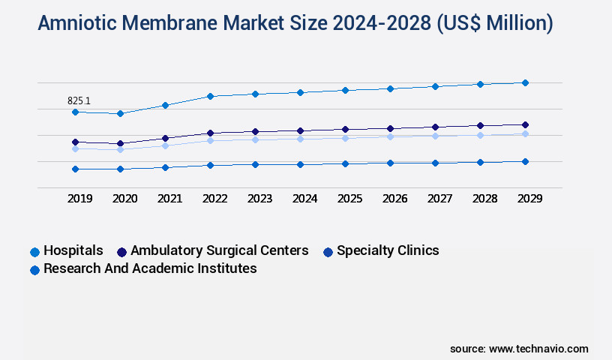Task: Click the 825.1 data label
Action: (x=79, y=100)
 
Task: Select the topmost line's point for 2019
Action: (x=75, y=112)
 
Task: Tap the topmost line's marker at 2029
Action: (x=525, y=82)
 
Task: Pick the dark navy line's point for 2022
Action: (x=210, y=133)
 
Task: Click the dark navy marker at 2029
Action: (x=525, y=124)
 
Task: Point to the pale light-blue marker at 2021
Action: (x=165, y=145)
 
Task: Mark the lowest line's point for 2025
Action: (x=345, y=163)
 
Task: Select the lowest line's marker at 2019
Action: (x=75, y=169)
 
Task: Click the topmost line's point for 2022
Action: (x=210, y=96)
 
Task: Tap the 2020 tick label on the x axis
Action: (x=124, y=199)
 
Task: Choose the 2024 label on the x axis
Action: (x=304, y=199)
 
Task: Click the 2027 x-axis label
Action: (x=439, y=199)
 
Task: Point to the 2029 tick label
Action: (x=529, y=199)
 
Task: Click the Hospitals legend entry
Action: (x=73, y=250)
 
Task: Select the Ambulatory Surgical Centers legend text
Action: (x=219, y=250)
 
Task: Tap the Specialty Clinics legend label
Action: (x=388, y=250)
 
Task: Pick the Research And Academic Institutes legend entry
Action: (x=150, y=268)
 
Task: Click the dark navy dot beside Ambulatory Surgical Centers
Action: (x=122, y=251)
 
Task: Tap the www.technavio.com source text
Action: (x=538, y=349)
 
